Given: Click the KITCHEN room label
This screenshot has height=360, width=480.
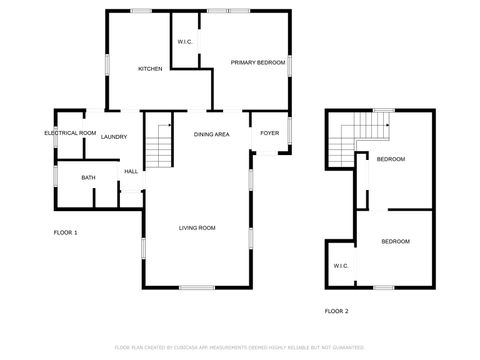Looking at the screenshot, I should tap(150, 68).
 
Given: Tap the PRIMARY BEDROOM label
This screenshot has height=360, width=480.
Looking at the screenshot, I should tap(258, 62).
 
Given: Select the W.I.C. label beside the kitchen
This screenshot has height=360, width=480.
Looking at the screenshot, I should tap(185, 41).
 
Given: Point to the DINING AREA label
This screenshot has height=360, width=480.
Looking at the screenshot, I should tap(212, 133).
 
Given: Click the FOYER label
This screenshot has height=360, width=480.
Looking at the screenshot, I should tap(270, 133).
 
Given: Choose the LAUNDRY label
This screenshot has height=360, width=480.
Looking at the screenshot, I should tap(113, 137).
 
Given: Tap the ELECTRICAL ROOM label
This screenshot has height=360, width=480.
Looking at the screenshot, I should tap(70, 133).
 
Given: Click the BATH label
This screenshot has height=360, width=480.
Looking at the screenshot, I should tap(88, 178).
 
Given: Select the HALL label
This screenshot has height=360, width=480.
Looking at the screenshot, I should tap(131, 171).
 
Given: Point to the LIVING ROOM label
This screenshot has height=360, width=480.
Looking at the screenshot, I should tap(197, 228).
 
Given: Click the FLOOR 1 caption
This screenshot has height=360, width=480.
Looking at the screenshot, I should tap(65, 232).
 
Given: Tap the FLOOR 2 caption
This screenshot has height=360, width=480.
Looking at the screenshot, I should tap(337, 311).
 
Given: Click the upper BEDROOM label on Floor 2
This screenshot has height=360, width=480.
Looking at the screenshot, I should tap(391, 159).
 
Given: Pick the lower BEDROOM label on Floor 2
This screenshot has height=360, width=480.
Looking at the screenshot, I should tap(396, 241).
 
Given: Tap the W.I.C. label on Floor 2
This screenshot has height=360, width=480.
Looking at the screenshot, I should tap(340, 265).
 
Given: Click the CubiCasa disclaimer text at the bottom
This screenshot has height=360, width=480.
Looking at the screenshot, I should tap(240, 347).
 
